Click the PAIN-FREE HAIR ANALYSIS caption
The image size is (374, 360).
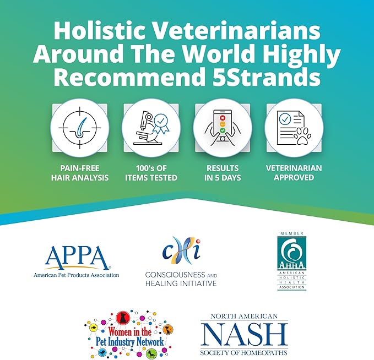point(79,173)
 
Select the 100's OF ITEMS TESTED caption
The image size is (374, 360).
point(151,173)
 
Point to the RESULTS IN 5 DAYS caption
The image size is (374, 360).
point(223,173)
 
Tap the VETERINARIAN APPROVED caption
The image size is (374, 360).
point(294,173)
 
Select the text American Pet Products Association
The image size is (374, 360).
point(76,275)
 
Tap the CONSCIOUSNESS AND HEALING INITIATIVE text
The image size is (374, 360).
point(181,279)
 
